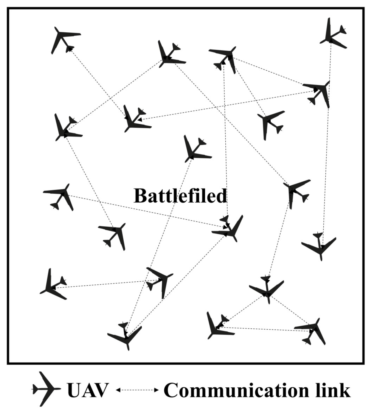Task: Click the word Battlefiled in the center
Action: click(x=180, y=196)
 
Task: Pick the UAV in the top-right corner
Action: click(x=332, y=34)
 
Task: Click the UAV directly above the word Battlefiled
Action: click(x=196, y=150)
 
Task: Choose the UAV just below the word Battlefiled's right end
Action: click(x=229, y=229)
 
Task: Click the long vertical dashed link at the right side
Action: click(x=326, y=168)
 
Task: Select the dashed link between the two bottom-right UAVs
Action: click(x=266, y=329)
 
